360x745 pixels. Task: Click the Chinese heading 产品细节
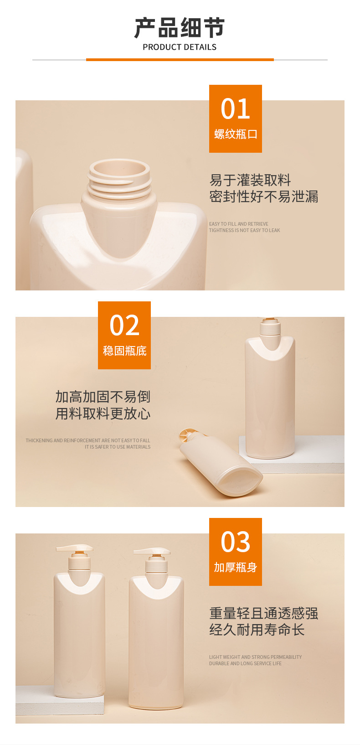tap(180, 28)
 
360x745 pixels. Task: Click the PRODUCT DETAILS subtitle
tap(180, 47)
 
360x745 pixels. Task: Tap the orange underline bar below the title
tap(180, 60)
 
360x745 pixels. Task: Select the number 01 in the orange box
tap(235, 109)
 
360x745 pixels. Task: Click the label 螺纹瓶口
tap(236, 135)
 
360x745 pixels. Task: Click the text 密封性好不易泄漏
tap(263, 197)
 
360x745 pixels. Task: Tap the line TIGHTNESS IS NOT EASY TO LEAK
tap(244, 231)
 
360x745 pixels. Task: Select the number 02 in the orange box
tap(124, 325)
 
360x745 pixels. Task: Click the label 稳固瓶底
tap(124, 351)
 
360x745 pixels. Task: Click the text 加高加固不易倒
tap(103, 397)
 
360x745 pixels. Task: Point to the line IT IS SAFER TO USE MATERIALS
tap(117, 447)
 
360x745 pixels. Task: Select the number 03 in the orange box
tap(235, 542)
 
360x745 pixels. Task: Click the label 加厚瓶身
tap(235, 567)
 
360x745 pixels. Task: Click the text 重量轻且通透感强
tap(263, 613)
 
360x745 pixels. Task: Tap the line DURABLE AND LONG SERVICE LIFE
tap(245, 663)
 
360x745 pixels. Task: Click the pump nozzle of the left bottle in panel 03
tap(74, 548)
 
